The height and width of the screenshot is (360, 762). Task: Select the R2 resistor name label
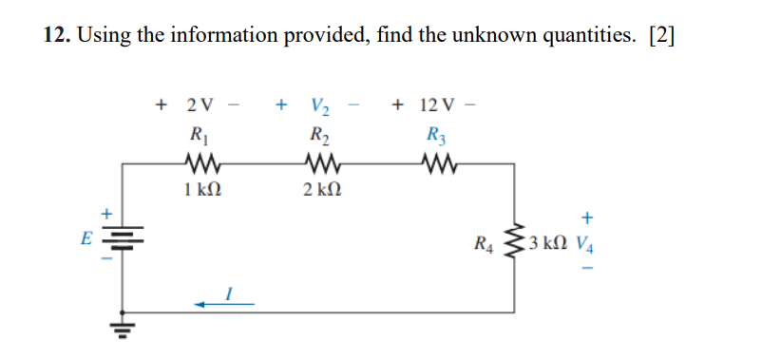316,132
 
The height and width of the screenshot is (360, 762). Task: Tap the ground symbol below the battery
123,329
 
